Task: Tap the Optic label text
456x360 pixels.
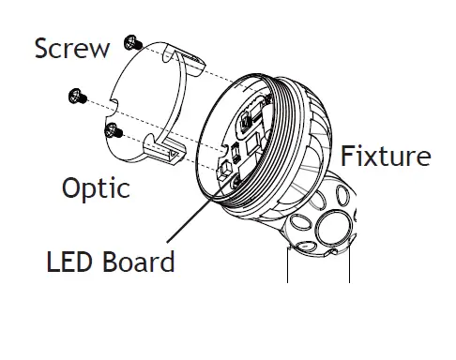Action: point(96,188)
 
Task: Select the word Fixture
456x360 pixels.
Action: point(386,155)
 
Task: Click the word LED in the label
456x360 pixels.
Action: point(68,261)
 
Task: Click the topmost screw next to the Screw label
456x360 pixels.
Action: point(131,42)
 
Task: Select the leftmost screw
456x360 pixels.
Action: point(74,95)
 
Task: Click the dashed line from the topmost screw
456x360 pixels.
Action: point(188,61)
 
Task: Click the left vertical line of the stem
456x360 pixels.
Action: point(286,267)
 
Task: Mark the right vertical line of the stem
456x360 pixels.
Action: point(350,267)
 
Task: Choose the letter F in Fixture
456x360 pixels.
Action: point(346,155)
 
